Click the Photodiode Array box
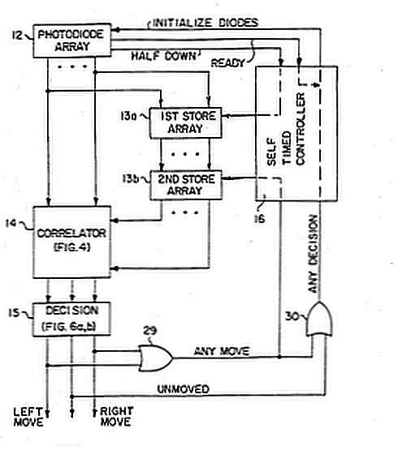point(72,41)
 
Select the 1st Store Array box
point(185,122)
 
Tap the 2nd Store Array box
point(186,185)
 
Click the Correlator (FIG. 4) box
point(72,242)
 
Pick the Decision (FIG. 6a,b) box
point(71,319)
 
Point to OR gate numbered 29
point(156,358)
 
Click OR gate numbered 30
point(318,319)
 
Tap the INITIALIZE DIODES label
point(205,23)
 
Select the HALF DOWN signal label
point(163,56)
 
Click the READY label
point(227,63)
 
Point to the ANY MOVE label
point(222,351)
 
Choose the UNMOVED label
point(183,389)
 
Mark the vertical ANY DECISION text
point(313,254)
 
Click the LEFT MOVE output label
point(28,417)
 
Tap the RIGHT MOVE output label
point(116,416)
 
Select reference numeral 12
point(17,36)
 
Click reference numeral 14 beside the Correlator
point(11,223)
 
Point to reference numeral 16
point(259,219)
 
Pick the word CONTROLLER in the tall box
point(301,129)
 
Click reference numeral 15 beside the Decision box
point(14,312)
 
